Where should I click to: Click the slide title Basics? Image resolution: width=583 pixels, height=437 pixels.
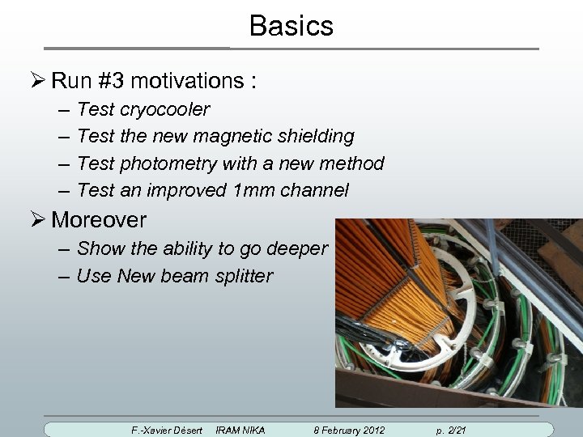(x=291, y=26)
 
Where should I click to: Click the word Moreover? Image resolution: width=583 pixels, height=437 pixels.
(x=99, y=219)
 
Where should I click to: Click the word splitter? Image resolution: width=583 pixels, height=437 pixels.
(x=244, y=276)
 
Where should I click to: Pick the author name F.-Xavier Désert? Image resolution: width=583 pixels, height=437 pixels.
(x=167, y=430)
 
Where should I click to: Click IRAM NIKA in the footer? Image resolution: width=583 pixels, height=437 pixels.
(x=240, y=430)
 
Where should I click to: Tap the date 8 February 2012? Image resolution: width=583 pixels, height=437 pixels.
(x=349, y=430)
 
